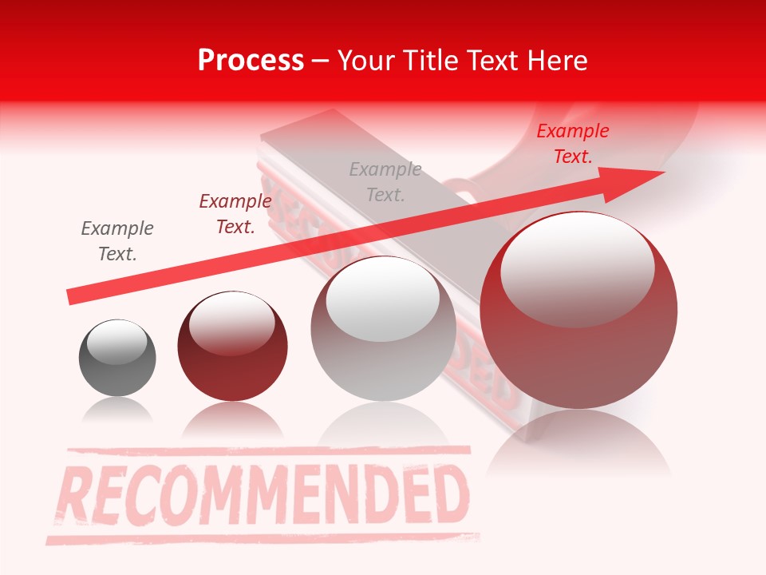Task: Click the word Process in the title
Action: point(251,61)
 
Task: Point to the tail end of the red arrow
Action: point(73,296)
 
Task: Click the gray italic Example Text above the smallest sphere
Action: point(117,241)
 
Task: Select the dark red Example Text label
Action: point(235,214)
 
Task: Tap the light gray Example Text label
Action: point(385,181)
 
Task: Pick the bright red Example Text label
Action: point(573,144)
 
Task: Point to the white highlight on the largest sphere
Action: point(577,268)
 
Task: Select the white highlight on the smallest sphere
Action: point(117,343)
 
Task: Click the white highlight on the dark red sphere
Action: point(232,323)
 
